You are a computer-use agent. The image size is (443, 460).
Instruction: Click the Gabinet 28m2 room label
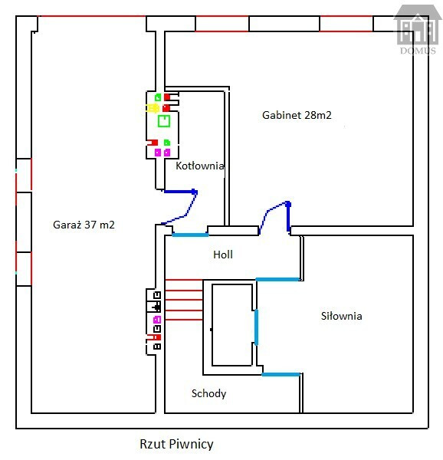coord(297,115)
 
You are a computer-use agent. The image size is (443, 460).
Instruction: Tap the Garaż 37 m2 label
coord(84,225)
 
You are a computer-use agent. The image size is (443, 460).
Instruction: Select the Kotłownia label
coord(200,166)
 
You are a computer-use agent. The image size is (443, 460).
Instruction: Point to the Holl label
coord(223,255)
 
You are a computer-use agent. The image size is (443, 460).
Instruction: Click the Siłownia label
coord(341,316)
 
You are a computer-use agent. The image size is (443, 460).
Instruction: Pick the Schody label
coord(208,394)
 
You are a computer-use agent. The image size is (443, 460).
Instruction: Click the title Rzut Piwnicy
coord(176,444)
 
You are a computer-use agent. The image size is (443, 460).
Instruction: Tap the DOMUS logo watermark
coord(418,29)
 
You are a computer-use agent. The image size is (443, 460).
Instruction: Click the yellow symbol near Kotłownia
coord(153,108)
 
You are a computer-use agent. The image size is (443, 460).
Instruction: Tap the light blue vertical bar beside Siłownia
coord(256,327)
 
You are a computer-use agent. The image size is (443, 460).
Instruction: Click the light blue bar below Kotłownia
coord(190,235)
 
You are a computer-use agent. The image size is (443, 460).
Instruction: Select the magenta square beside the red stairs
coord(157,320)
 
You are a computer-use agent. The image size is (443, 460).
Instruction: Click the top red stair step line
coord(184,280)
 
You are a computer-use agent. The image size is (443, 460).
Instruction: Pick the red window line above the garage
coord(92,16)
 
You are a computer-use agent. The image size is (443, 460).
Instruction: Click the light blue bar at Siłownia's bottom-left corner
coord(281,375)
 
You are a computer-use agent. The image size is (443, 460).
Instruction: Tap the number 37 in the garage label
coord(90,225)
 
